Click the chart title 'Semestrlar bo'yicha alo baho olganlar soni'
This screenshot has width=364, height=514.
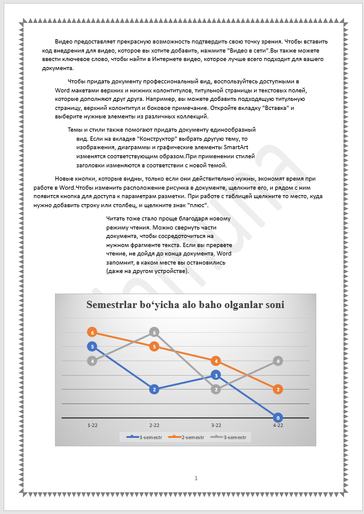click(x=185, y=305)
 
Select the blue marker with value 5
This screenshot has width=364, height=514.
click(x=92, y=347)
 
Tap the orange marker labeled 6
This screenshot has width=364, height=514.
click(x=92, y=332)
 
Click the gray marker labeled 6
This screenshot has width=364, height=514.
click(x=155, y=332)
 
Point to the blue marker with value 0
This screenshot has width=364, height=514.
click(x=278, y=417)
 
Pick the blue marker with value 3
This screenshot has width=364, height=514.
click(x=216, y=375)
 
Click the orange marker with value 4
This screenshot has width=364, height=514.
click(x=216, y=361)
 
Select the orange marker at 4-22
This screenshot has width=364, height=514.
click(x=278, y=390)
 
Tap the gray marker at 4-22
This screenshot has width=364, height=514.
click(x=278, y=361)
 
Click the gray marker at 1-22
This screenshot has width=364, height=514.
click(x=92, y=361)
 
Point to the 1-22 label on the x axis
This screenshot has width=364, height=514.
click(x=92, y=425)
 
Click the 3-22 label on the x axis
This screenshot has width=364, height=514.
click(x=216, y=425)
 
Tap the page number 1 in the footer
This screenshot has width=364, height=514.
click(x=196, y=478)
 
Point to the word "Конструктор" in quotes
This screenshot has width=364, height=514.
click(x=124, y=139)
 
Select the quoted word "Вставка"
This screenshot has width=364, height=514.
click(x=275, y=108)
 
